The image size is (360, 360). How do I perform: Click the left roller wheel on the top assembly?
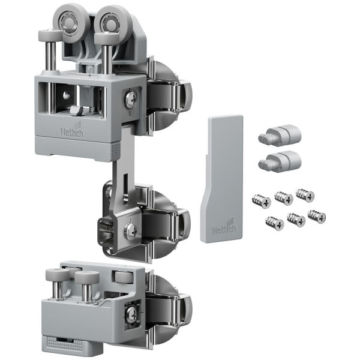(68, 23)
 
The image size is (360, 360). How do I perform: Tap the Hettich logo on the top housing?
(72, 130)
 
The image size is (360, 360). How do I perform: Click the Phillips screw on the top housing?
(131, 99)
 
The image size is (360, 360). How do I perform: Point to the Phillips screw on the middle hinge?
(131, 230)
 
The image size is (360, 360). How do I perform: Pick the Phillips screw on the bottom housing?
(133, 313)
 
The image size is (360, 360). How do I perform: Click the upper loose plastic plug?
(280, 136)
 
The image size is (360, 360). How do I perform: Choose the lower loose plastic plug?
(280, 161)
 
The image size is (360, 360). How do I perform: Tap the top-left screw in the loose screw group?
(262, 201)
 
